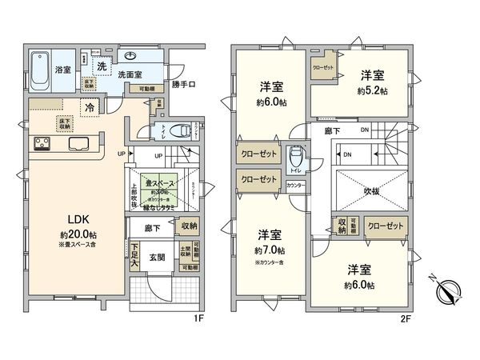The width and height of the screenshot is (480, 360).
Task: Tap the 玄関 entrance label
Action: click(155, 258)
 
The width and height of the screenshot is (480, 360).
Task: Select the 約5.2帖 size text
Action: click(372, 91)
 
